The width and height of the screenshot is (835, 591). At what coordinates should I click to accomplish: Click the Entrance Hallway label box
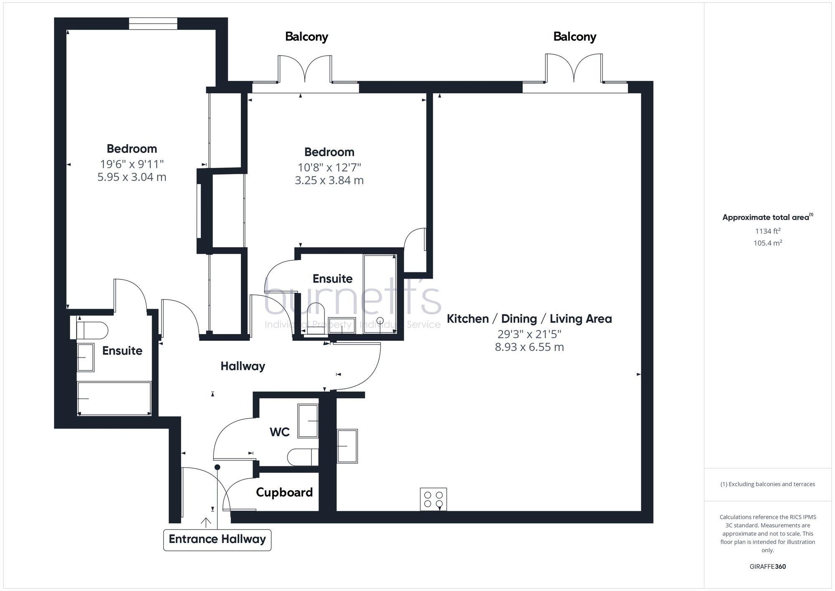point(217,539)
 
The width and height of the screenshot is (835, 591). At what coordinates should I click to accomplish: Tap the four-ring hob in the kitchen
point(433,499)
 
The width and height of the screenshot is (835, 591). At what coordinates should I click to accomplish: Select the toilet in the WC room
point(303,457)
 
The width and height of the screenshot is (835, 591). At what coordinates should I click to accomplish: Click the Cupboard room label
point(284,492)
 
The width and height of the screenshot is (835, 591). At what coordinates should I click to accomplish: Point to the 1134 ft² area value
point(767,231)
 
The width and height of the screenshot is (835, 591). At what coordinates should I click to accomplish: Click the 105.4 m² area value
point(767,243)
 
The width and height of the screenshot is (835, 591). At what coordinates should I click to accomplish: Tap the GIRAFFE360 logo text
point(767,566)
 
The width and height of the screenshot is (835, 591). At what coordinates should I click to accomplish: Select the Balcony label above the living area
point(574,37)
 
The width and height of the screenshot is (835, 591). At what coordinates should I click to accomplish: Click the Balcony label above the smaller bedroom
point(306,37)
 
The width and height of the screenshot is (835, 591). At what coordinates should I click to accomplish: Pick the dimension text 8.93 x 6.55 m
point(529,347)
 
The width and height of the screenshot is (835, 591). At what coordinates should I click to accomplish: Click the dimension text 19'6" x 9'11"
point(132,164)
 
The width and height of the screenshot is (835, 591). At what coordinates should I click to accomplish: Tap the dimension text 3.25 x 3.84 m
point(329,180)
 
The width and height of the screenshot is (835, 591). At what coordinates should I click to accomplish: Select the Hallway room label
point(243,366)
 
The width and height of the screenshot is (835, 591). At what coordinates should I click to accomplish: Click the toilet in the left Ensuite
point(92,330)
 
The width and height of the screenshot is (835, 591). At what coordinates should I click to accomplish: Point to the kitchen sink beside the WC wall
point(347,446)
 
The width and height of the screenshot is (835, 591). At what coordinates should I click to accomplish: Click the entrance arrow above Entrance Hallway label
point(206,522)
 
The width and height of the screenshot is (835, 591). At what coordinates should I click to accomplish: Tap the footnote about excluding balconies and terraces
point(767,484)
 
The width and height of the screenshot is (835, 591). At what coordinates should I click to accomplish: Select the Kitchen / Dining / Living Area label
point(529,319)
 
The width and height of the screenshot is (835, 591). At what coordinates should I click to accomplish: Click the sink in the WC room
point(308,421)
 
